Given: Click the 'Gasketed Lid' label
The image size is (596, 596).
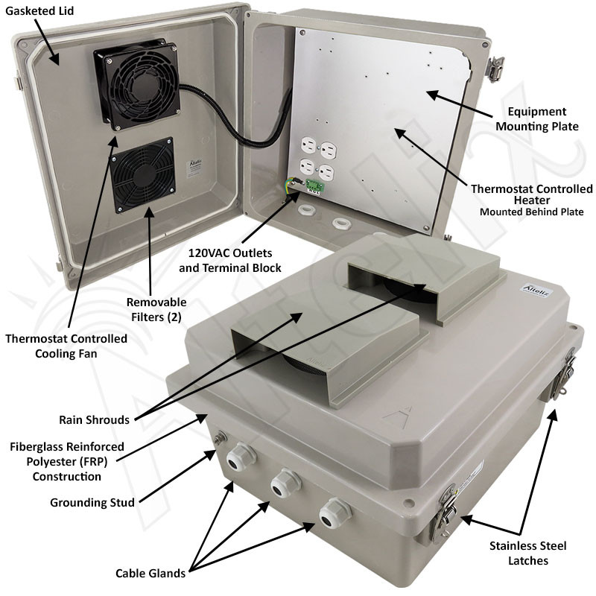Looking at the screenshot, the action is (39, 10).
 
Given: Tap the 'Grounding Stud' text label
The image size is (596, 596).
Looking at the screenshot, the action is (92, 502).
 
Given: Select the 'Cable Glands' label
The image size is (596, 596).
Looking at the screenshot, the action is (150, 573).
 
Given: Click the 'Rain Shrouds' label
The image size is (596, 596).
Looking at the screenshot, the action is (95, 419).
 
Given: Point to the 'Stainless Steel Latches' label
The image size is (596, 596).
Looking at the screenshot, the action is (528, 553).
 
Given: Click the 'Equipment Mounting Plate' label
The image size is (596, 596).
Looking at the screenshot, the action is (536, 118).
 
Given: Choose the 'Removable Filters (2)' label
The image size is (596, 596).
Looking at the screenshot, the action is (156, 309).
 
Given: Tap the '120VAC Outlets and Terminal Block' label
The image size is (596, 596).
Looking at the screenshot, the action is (230, 260).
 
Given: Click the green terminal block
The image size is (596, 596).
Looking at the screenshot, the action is (314, 186).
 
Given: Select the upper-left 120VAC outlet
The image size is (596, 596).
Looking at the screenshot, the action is (308, 145).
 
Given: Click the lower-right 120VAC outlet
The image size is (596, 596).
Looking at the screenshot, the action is (326, 173).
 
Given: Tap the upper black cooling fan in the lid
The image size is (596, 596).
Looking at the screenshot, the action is (137, 83).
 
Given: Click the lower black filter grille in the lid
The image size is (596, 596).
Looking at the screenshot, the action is (143, 175).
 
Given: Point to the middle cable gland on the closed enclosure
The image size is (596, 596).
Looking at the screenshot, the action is (285, 483).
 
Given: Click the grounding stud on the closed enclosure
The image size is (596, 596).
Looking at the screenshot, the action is (220, 438).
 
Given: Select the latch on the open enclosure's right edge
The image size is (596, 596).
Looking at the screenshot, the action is (495, 69).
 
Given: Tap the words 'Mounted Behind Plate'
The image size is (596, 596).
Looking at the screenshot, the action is (531, 212).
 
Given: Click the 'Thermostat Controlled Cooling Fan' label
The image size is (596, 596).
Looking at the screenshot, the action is (66, 346).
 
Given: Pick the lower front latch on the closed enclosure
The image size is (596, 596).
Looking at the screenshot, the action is (444, 513).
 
